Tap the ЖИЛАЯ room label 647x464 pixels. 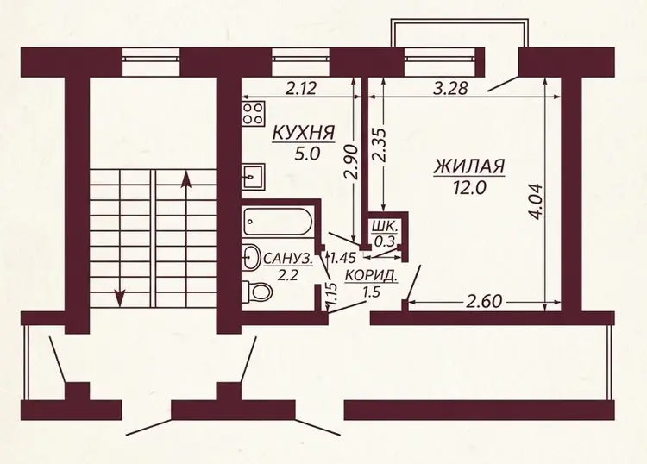(x=469, y=167)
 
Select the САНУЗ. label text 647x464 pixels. (x=287, y=260)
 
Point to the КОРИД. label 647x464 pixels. (x=372, y=275)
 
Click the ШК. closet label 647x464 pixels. (x=386, y=226)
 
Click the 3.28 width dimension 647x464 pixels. (x=450, y=88)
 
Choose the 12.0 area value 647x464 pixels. (x=468, y=188)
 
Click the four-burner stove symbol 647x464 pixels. (x=253, y=114)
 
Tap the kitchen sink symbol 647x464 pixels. (x=253, y=176)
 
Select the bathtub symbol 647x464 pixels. (x=278, y=222)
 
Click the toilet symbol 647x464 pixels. (x=257, y=292)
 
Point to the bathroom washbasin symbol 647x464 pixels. (x=251, y=257)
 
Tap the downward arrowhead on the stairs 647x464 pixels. (x=120, y=298)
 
